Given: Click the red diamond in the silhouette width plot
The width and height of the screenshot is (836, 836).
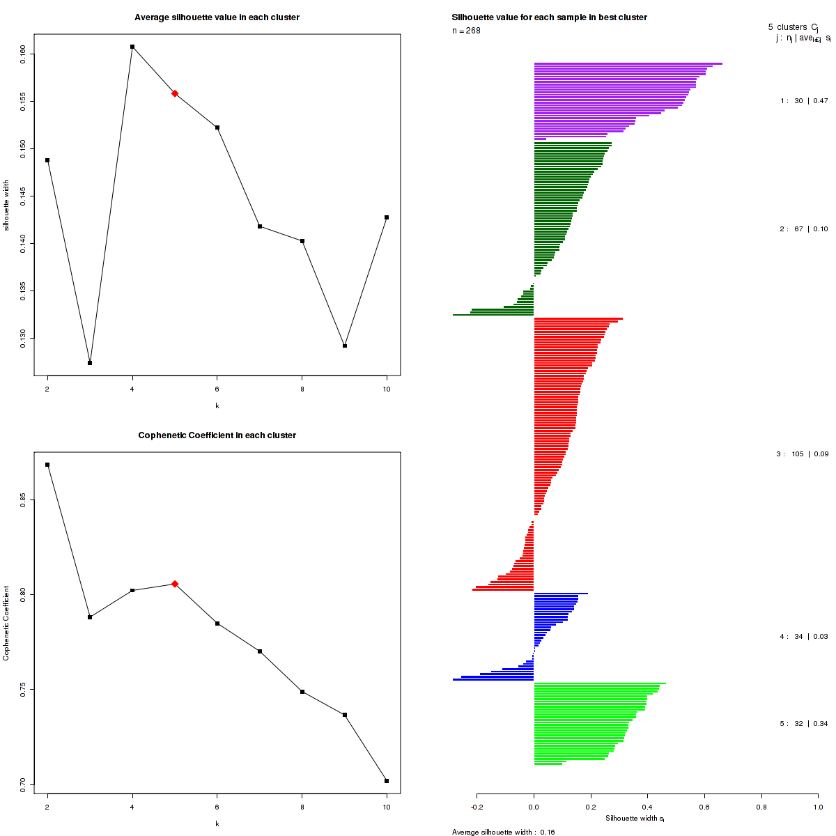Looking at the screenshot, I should (175, 93).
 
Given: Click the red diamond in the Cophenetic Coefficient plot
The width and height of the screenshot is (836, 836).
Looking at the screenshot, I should (175, 584).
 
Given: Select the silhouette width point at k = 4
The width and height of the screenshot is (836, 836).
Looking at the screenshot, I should (132, 47).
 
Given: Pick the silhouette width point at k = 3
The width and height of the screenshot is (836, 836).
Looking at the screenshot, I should (90, 363).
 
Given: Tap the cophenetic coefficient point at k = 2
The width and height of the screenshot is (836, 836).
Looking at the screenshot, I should (47, 465).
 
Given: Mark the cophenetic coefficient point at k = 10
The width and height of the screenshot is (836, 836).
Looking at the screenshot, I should (387, 781).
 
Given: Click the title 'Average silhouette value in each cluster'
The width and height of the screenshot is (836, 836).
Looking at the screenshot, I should (217, 17).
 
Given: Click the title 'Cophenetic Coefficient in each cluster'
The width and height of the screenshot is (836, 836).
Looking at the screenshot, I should (217, 435).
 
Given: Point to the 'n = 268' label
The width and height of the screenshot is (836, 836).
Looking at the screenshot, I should (466, 31).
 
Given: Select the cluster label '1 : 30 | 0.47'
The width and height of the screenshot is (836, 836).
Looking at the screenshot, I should (804, 101).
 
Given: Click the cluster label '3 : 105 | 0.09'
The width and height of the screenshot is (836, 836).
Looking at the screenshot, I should (803, 454).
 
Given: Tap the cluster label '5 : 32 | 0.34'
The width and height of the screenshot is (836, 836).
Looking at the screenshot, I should (804, 724).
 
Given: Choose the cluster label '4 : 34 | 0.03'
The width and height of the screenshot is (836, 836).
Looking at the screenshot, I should (804, 637).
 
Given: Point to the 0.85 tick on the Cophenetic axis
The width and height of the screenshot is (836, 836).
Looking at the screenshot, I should (23, 499).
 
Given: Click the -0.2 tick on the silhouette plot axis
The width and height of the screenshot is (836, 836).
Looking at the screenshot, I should (477, 808).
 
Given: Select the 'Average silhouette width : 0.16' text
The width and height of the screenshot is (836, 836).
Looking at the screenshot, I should (504, 832).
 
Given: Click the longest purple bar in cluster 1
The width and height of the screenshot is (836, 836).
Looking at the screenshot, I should (628, 64).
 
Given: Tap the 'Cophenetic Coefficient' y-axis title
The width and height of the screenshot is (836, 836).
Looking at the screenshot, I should (6, 624).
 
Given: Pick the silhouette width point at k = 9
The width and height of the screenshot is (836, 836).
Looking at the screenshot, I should (345, 346).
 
